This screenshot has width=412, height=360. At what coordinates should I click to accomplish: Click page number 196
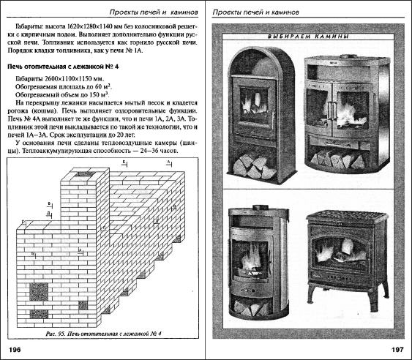click(16, 349)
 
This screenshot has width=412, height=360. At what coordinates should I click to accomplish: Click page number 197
click(397, 349)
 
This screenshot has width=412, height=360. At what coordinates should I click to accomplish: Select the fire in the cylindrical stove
click(253, 255)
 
